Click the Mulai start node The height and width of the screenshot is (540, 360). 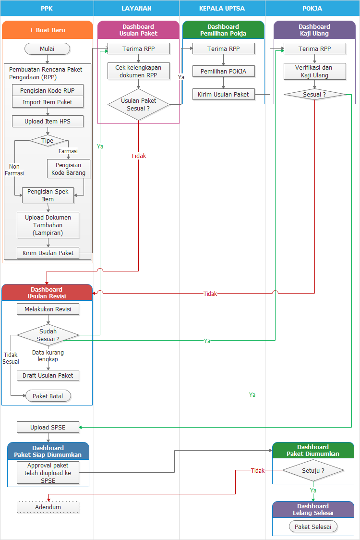pyautogui.click(x=48, y=49)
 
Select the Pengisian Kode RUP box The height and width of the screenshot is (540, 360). pyautogui.click(x=48, y=90)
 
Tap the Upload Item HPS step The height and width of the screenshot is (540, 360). pyautogui.click(x=48, y=122)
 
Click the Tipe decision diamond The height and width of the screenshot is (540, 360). pyautogui.click(x=48, y=141)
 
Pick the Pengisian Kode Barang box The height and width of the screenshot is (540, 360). pyautogui.click(x=68, y=169)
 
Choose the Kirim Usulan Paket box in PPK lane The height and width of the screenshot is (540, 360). pyautogui.click(x=48, y=253)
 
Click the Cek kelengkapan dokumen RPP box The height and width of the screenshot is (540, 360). pyautogui.click(x=138, y=72)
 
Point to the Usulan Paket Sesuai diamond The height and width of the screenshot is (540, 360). pyautogui.click(x=138, y=105)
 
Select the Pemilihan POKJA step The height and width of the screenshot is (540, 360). pyautogui.click(x=223, y=72)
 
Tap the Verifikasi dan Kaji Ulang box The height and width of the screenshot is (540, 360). pyautogui.click(x=314, y=72)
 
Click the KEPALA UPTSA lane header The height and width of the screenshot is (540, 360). pyautogui.click(x=222, y=9)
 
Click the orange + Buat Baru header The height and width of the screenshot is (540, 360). pyautogui.click(x=48, y=30)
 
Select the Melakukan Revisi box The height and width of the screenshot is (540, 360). pyautogui.click(x=48, y=309)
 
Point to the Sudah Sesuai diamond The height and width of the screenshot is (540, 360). pyautogui.click(x=48, y=335)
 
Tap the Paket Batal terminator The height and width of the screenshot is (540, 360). pyautogui.click(x=48, y=396)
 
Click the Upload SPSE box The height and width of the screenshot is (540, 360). pyautogui.click(x=48, y=427)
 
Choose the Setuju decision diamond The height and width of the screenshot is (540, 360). pyautogui.click(x=313, y=471)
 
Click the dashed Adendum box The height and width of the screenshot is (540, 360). pyautogui.click(x=48, y=507)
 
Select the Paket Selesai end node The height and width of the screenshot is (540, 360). pyautogui.click(x=313, y=527)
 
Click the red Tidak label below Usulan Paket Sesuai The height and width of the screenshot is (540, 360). pyautogui.click(x=138, y=156)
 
